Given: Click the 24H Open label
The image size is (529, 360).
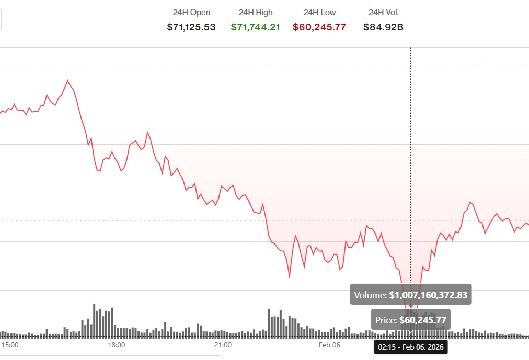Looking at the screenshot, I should tap(191, 12).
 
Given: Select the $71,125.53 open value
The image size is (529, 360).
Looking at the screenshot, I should tap(191, 27).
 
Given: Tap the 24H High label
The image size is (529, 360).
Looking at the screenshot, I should tap(256, 12).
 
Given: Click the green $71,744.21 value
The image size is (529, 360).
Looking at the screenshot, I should tap(256, 27).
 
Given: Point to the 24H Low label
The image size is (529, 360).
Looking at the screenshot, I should tap(319, 12).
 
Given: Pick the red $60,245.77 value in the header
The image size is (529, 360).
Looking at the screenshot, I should tap(319, 27).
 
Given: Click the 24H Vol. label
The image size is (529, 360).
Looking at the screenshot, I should tap(383, 12).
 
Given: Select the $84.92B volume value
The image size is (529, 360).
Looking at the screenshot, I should tap(383, 27).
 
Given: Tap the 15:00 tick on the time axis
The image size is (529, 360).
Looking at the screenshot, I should tap(10, 345).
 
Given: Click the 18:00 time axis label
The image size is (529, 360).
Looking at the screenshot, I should tap(116, 345).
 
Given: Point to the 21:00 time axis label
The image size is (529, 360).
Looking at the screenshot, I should tap(223, 345).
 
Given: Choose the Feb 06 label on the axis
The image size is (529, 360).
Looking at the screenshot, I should tap(329, 345).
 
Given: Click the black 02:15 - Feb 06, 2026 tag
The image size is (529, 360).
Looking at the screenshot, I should tap(410, 346).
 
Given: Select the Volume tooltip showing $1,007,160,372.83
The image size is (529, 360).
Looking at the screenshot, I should tap(411, 295).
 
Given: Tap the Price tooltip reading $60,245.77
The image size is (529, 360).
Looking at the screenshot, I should tap(411, 320).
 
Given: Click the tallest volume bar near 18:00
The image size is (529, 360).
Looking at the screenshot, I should tap(95, 319).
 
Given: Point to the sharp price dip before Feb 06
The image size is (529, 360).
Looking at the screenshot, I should tap(289, 277).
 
